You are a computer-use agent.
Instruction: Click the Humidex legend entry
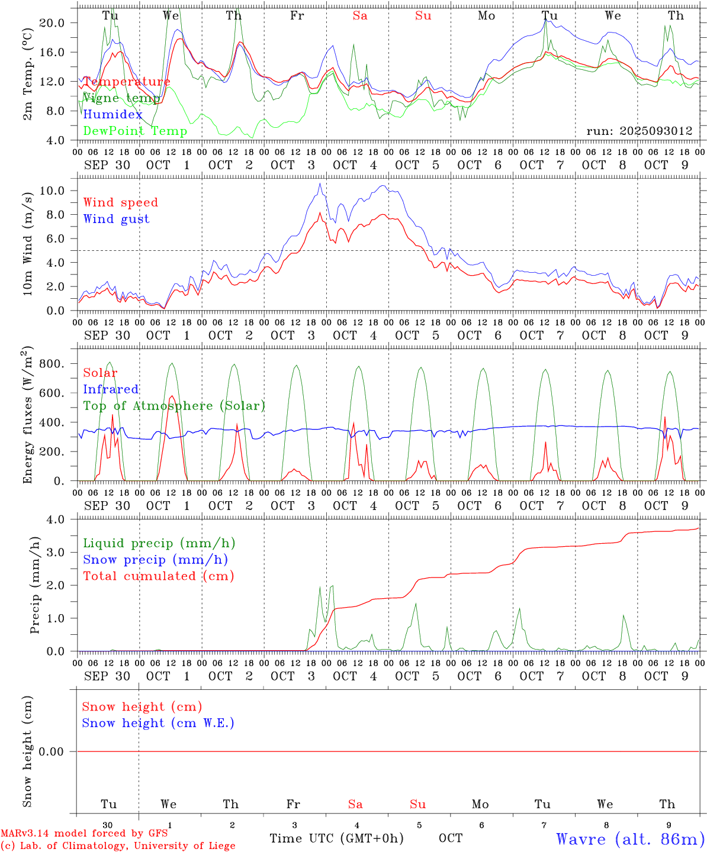click(113, 115)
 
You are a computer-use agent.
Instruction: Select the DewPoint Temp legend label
click(135, 131)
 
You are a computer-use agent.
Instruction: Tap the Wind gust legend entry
click(116, 219)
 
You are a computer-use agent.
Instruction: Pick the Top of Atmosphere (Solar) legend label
click(173, 406)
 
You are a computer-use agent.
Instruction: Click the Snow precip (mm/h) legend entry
click(155, 560)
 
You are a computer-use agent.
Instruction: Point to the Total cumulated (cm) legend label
click(158, 576)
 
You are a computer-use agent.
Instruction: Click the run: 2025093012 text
click(639, 131)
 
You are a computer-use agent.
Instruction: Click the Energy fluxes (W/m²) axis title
click(28, 417)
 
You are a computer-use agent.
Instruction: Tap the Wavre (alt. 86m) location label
click(630, 839)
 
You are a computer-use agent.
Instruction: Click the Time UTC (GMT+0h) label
click(336, 838)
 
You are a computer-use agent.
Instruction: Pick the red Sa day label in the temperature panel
click(360, 16)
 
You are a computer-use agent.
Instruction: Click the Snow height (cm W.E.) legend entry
click(158, 723)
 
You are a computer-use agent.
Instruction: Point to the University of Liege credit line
click(118, 846)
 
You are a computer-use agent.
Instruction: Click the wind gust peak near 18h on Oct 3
click(320, 183)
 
